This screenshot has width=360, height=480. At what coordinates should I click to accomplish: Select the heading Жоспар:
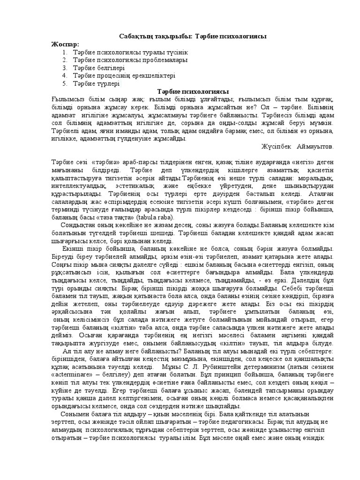65,44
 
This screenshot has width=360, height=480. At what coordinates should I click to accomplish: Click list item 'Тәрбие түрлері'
96,83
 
